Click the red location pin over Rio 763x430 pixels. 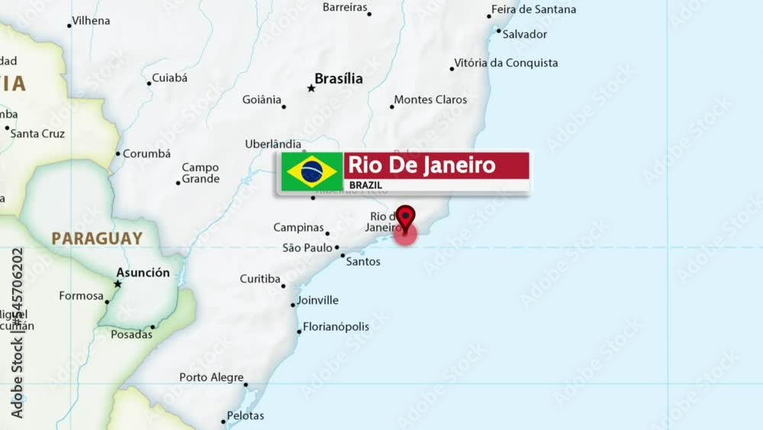click(x=405, y=217)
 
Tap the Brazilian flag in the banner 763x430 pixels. click(x=311, y=171)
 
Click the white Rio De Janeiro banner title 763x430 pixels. click(x=422, y=165)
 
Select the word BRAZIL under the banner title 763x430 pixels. click(x=365, y=185)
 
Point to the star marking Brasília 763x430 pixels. click(x=311, y=89)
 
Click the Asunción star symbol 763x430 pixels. click(x=118, y=284)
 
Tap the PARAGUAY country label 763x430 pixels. click(x=97, y=238)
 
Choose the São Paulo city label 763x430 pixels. click(x=307, y=247)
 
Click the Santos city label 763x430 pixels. click(x=363, y=261)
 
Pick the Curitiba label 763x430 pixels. click(x=260, y=279)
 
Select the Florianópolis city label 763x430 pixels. click(x=336, y=327)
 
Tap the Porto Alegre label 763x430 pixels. click(x=211, y=377)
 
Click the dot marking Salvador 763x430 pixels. click(x=498, y=31)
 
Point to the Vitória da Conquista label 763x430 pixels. click(x=506, y=63)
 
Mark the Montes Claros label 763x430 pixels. click(x=430, y=100)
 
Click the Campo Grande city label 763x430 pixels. click(x=200, y=173)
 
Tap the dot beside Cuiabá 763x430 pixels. click(x=149, y=83)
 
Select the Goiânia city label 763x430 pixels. click(x=262, y=99)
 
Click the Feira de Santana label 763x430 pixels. click(x=533, y=10)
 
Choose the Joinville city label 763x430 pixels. click(x=317, y=300)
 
